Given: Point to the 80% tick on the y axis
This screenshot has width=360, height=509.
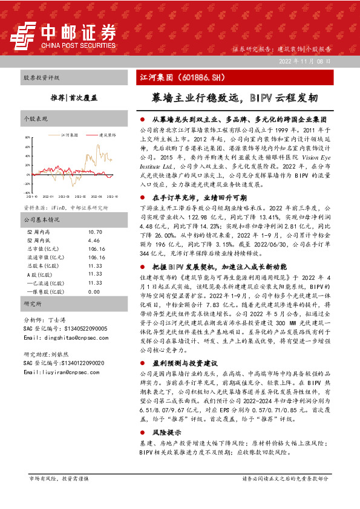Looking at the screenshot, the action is [27, 138].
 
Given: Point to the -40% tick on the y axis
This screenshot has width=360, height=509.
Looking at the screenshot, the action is [27, 184].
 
